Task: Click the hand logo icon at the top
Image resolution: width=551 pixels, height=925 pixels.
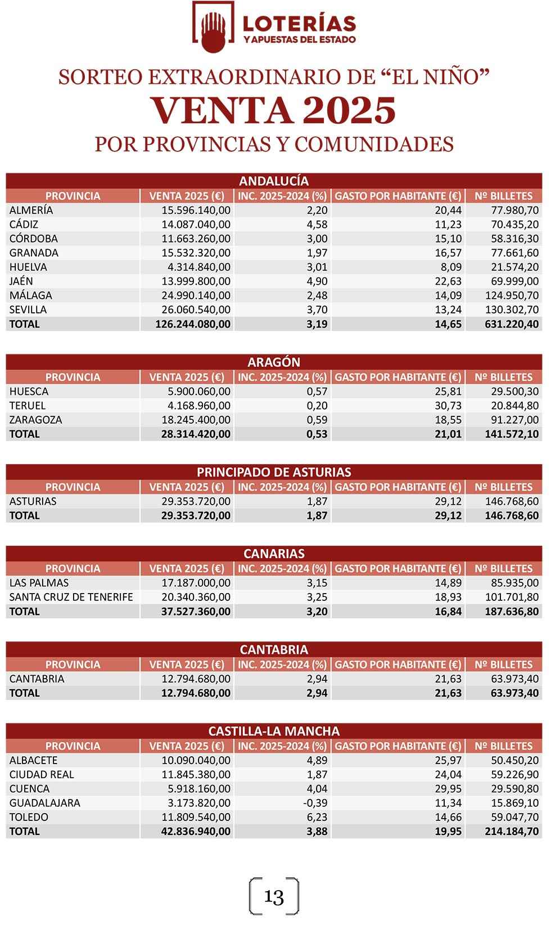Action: tap(213, 28)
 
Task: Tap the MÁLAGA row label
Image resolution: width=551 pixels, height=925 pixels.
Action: tap(31, 295)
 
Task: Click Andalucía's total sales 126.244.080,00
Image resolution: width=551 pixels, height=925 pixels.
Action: tap(193, 324)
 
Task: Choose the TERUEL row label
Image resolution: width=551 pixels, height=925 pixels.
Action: tap(28, 406)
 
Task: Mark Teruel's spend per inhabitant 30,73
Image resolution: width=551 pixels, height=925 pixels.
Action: tap(448, 406)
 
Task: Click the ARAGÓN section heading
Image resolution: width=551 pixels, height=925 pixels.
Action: tap(274, 362)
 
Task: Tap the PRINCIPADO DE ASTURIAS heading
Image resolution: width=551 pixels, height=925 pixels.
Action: tap(274, 472)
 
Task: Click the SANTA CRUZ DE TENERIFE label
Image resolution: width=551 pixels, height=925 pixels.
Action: tap(71, 597)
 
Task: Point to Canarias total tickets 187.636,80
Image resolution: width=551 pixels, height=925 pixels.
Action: tap(512, 612)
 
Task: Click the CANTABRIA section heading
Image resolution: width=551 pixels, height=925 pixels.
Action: tap(274, 650)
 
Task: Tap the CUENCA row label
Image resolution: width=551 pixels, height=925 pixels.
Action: tap(29, 789)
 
